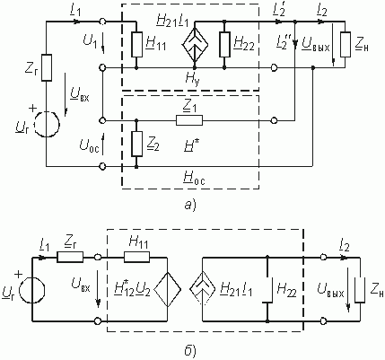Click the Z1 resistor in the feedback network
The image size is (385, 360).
(189, 120)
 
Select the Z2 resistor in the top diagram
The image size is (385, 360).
(136, 144)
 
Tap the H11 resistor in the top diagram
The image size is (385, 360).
(136, 44)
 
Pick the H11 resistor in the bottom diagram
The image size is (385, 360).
(136, 257)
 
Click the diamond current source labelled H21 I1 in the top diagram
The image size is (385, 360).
(195, 44)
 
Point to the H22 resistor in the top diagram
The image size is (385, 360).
(224, 44)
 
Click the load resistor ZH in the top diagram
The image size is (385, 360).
(346, 44)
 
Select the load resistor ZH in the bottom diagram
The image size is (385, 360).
(360, 290)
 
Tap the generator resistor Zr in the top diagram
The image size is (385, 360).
(47, 67)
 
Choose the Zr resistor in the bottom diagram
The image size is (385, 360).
(70, 257)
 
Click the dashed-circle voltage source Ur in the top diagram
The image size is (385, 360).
(47, 124)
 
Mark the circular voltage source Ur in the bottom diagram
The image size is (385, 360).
(32, 290)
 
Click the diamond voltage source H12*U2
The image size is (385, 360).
(167, 290)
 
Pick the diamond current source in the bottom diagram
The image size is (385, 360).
(203, 289)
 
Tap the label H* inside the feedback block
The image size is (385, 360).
(189, 145)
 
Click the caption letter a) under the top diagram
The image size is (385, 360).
(189, 205)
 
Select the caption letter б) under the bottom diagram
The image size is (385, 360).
(190, 350)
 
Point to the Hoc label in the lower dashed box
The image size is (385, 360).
(194, 179)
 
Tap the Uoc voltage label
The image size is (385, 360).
(89, 145)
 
